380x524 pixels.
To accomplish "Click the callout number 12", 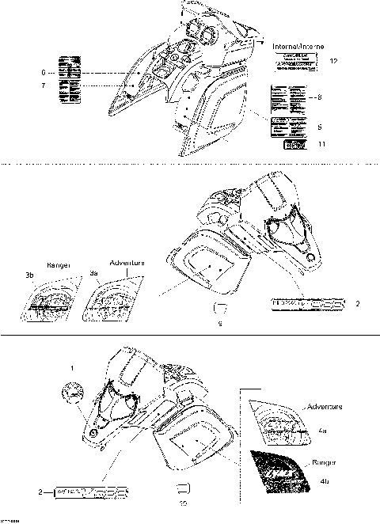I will (333, 61).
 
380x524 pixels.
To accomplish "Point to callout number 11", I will (321, 145).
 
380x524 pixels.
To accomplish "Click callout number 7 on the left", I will (32, 84).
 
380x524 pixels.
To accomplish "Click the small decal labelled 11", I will (288, 145).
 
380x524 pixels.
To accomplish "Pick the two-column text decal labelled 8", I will (288, 98).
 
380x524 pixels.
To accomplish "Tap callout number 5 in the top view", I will (319, 127).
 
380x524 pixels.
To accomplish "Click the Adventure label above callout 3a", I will (126, 262).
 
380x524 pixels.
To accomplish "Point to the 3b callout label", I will (28, 275).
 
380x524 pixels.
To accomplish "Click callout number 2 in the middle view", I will (358, 303).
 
